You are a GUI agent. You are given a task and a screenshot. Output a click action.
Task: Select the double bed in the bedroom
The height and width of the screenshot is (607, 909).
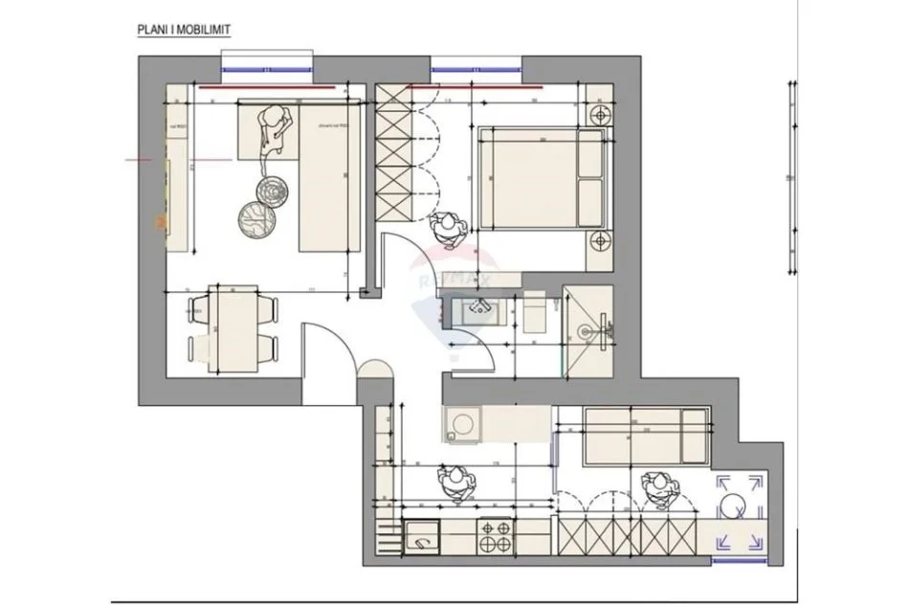540,179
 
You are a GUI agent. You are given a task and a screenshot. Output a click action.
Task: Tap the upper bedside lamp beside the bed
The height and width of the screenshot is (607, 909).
600,115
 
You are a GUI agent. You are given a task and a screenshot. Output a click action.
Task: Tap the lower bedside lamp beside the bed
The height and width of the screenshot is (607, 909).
600,241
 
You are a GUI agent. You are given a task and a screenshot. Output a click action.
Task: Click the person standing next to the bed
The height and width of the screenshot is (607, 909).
446,228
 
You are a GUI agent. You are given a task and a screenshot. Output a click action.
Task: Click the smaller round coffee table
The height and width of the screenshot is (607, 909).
272,189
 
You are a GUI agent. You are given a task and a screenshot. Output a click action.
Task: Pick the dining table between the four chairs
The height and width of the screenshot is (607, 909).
233,327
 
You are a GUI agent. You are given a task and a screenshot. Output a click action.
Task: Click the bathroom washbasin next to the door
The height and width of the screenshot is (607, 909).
476,309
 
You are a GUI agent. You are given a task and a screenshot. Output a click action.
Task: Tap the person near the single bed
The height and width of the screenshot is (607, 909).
659,487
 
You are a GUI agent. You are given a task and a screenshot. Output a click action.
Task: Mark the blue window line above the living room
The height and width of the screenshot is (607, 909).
268,69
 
